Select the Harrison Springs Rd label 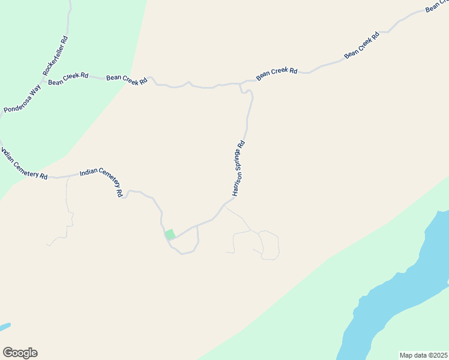click(x=238, y=169)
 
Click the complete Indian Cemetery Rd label click(x=101, y=182)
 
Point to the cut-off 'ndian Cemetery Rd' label click(x=24, y=164)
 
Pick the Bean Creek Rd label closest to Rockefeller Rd click(x=68, y=79)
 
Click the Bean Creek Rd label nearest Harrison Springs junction click(x=277, y=74)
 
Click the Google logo click(x=20, y=353)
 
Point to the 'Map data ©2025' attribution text click(x=423, y=355)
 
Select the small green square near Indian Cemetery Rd click(x=170, y=234)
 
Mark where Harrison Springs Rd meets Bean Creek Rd click(x=241, y=83)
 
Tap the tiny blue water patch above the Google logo click(x=4, y=327)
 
